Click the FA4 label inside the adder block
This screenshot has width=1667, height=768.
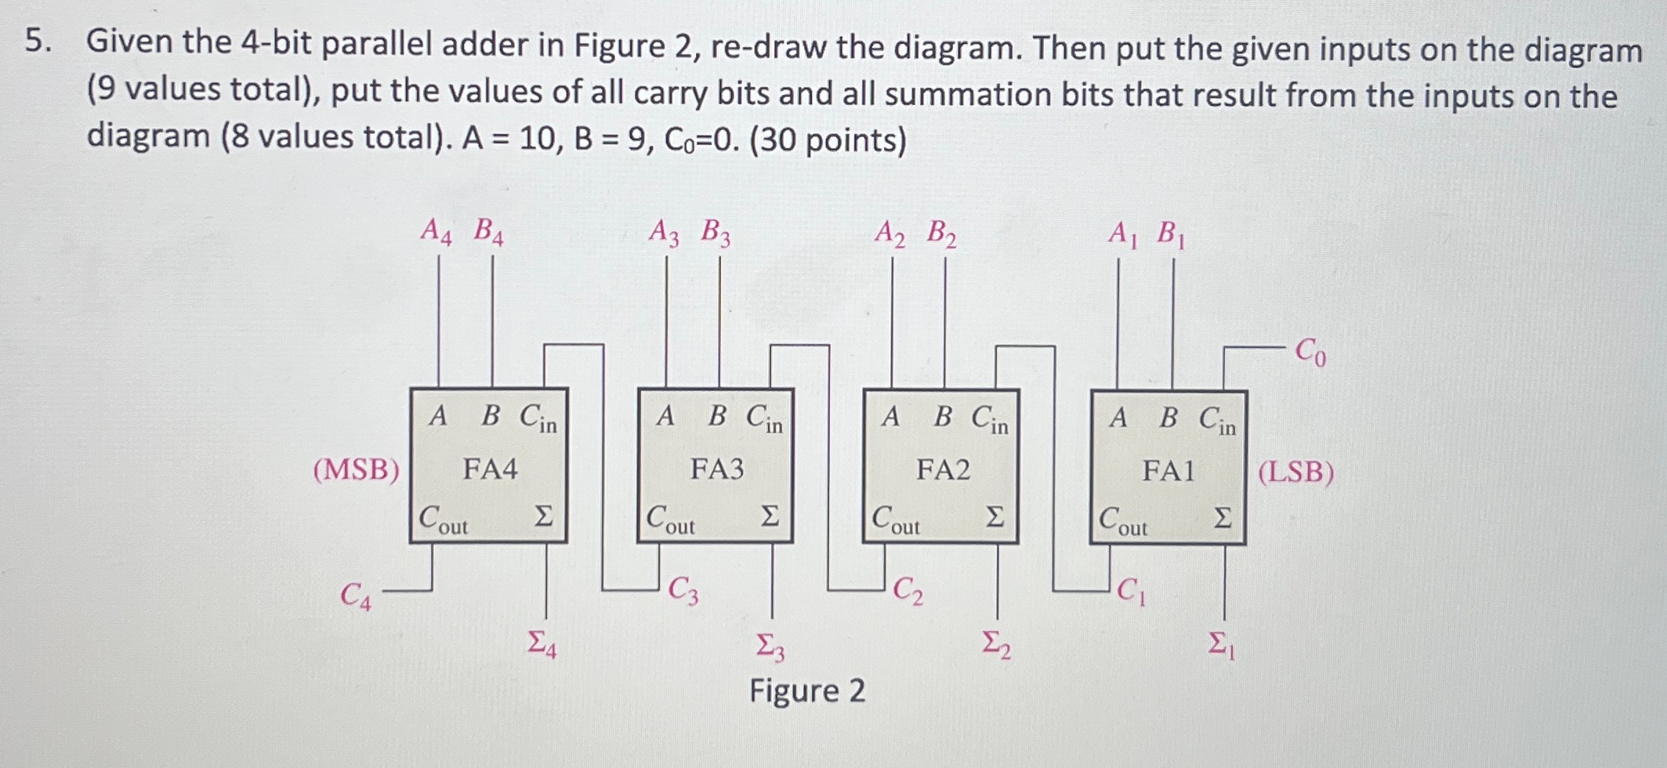pyautogui.click(x=490, y=469)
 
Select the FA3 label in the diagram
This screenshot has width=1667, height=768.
pyautogui.click(x=716, y=469)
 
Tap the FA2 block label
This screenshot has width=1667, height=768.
pyautogui.click(x=943, y=470)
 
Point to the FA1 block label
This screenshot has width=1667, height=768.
pyautogui.click(x=1169, y=471)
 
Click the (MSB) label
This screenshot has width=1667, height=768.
pyautogui.click(x=357, y=470)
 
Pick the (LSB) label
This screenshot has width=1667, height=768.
pyautogui.click(x=1296, y=473)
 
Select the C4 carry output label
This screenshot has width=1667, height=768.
pyautogui.click(x=355, y=596)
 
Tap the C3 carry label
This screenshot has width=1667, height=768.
pyautogui.click(x=683, y=591)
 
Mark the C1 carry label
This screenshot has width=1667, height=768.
pyautogui.click(x=1131, y=591)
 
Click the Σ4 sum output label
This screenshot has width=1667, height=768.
pyautogui.click(x=542, y=644)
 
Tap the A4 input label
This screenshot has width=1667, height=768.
pyautogui.click(x=436, y=231)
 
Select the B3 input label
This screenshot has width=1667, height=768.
pyautogui.click(x=716, y=233)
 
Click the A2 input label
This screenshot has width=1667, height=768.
pyautogui.click(x=890, y=234)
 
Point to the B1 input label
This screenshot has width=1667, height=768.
pyautogui.click(x=1172, y=234)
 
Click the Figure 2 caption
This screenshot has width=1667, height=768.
pyautogui.click(x=807, y=691)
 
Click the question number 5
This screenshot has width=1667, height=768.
pyautogui.click(x=37, y=41)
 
